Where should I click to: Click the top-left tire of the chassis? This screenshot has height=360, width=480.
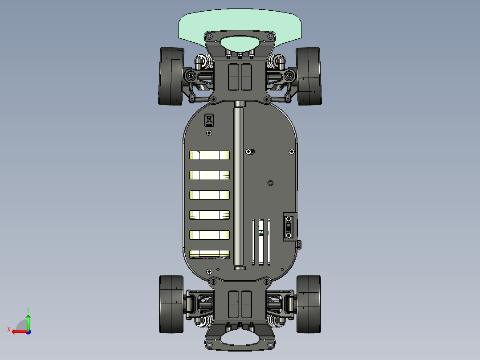pyautogui.click(x=171, y=76)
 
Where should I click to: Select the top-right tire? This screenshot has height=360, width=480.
pyautogui.click(x=309, y=76)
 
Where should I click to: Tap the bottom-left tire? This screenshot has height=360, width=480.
pyautogui.click(x=171, y=304)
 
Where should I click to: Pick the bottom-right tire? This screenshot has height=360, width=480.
pyautogui.click(x=309, y=304)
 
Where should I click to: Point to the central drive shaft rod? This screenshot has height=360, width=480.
pyautogui.click(x=239, y=187)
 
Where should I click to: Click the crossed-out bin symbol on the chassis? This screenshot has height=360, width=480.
pyautogui.click(x=209, y=120)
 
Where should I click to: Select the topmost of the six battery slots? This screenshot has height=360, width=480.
pyautogui.click(x=210, y=155)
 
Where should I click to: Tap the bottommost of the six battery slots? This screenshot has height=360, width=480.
pyautogui.click(x=210, y=254)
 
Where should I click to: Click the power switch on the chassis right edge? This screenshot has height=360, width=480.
pyautogui.click(x=289, y=227)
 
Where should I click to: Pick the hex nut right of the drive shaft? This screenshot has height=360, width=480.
pyautogui.click(x=270, y=183)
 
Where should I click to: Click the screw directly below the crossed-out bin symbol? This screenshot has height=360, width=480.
pyautogui.click(x=209, y=133)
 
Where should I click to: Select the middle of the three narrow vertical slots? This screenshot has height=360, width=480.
pyautogui.click(x=261, y=242)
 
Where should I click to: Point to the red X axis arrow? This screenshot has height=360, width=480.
pyautogui.click(x=17, y=331)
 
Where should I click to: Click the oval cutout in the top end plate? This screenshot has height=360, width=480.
pyautogui.click(x=240, y=43)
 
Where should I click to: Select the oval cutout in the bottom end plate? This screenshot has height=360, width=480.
pyautogui.click(x=240, y=337)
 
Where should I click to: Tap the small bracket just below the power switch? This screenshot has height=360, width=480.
pyautogui.click(x=299, y=244)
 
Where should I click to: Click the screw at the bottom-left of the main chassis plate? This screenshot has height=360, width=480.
pyautogui.click(x=209, y=271)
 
